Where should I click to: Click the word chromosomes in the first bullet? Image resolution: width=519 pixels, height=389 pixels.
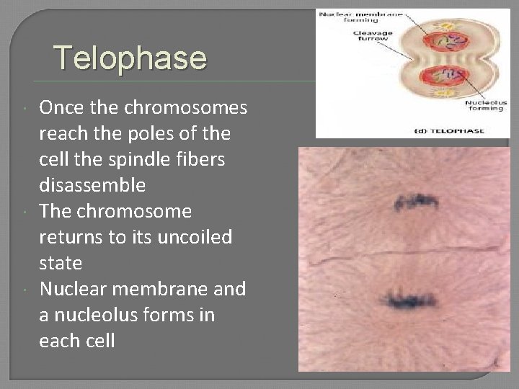(x=185, y=109)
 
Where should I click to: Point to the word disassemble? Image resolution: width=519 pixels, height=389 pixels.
(x=92, y=185)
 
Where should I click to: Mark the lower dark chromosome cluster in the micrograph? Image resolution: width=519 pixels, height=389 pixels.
(x=412, y=297)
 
